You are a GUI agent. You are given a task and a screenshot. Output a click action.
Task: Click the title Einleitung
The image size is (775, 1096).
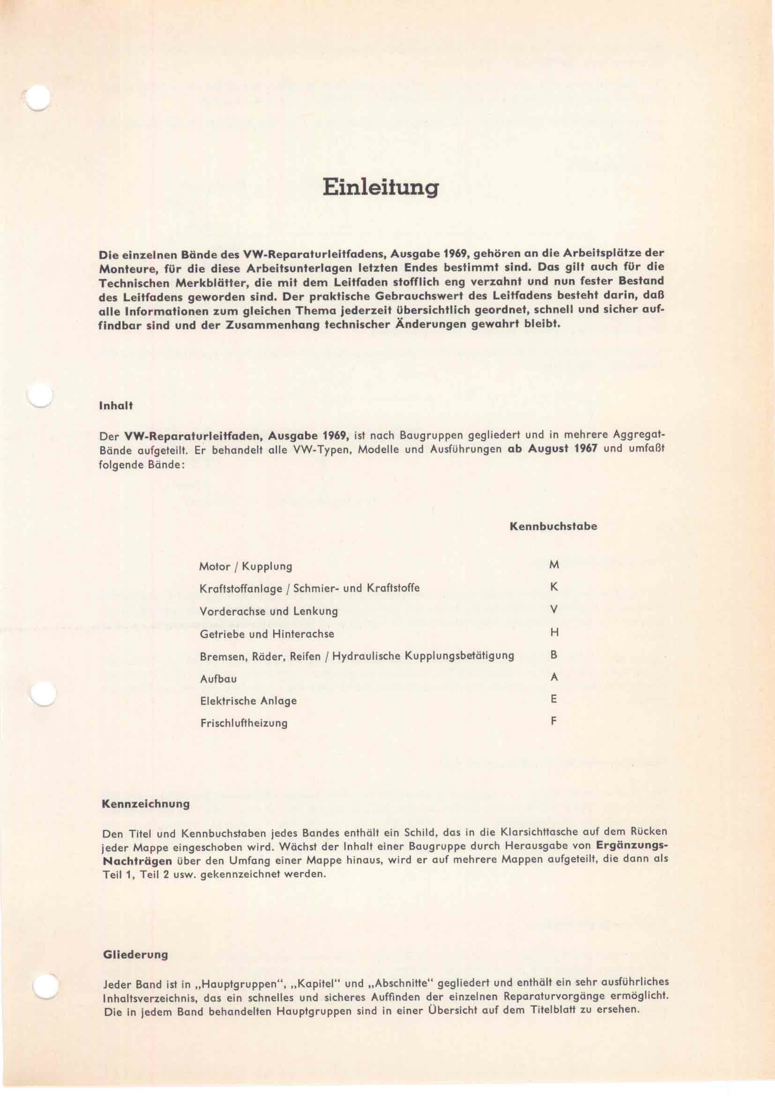[380, 187]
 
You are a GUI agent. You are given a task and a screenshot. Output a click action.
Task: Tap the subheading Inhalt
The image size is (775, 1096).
[115, 406]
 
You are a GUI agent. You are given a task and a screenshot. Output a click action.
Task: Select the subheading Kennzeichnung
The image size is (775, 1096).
[146, 804]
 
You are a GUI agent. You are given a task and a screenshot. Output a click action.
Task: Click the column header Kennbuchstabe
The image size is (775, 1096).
[553, 527]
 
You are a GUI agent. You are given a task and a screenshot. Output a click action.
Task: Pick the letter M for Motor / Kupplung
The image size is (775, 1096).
[554, 565]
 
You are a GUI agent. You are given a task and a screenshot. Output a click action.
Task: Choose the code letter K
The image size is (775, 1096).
[554, 587]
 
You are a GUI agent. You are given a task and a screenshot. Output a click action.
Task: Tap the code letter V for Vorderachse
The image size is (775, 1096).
[554, 610]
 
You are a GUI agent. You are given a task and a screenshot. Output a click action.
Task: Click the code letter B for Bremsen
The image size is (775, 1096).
[554, 655]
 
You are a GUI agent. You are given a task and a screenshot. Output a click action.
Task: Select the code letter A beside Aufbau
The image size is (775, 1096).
[554, 678]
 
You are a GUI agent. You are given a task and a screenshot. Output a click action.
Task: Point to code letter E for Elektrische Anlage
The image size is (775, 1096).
[554, 700]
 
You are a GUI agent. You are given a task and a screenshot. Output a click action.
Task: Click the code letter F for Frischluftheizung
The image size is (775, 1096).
[554, 721]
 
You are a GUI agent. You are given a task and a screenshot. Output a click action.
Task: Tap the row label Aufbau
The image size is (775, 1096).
[218, 679]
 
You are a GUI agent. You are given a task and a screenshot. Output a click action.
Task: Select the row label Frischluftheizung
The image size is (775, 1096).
[243, 723]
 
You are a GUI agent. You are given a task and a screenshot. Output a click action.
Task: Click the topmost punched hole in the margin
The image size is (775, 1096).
[37, 99]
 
